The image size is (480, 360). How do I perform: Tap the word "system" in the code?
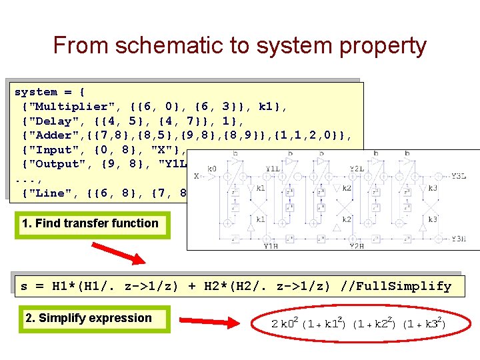(x=36, y=92)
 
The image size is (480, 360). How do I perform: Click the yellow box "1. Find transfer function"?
(x=90, y=223)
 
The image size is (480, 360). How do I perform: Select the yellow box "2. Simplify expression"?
(x=89, y=318)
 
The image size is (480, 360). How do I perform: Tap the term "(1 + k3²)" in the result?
(x=425, y=324)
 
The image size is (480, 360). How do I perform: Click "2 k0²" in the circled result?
(x=285, y=324)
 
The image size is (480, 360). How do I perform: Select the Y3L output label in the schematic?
(x=458, y=177)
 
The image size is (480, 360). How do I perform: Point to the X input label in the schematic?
(x=196, y=177)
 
